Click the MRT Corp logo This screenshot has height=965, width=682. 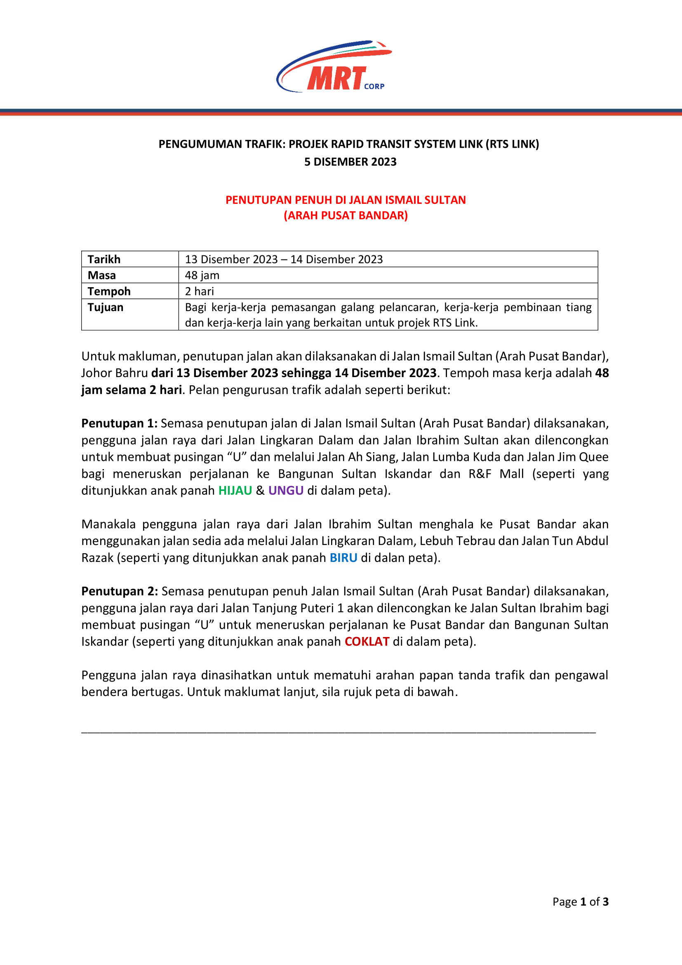point(334,67)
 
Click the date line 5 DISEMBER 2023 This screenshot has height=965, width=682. point(350,162)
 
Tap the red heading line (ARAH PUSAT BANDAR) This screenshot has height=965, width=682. point(346,216)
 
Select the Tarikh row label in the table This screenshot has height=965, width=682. point(104,260)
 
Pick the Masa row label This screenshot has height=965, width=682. point(101,275)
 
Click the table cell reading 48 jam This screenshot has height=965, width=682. point(202,275)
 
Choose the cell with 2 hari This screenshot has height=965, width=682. point(200,291)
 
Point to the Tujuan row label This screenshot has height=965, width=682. point(106,307)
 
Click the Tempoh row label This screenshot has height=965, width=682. point(109,291)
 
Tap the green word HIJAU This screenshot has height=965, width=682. point(235,491)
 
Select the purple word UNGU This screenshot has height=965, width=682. point(286,491)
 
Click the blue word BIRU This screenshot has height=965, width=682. point(343,558)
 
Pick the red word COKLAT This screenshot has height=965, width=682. point(367,642)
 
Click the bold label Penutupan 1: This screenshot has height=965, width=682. point(119,423)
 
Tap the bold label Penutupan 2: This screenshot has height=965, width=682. point(120,591)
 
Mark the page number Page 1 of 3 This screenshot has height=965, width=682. point(581,901)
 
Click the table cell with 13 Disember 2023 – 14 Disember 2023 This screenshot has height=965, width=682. point(284,260)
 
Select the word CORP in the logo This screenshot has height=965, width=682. point(374,86)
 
